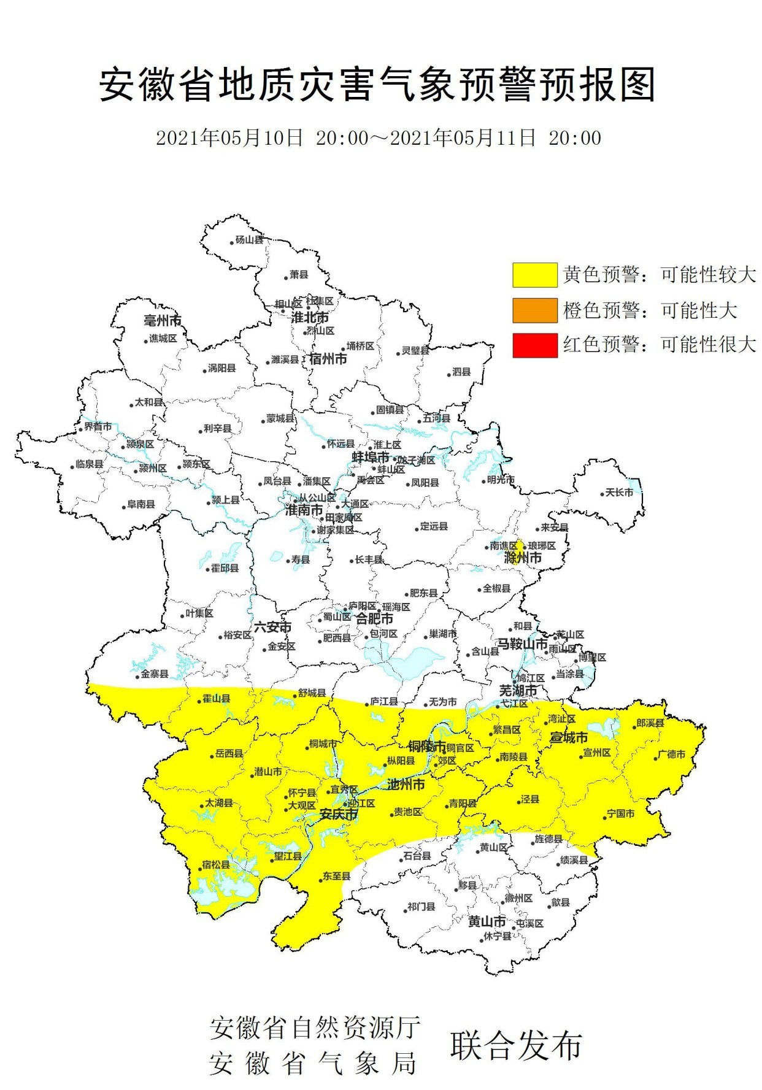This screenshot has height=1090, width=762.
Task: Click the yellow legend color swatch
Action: pos(534,275)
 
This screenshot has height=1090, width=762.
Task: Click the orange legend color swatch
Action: pos(534,310)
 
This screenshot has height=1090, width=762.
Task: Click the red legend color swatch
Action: pos(534,345)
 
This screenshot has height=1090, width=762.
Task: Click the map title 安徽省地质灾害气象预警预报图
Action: pos(377,85)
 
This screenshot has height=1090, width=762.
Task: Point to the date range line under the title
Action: pos(378,137)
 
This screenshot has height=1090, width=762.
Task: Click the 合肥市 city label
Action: pos(374,618)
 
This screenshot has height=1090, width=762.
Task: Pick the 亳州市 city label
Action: pos(163,320)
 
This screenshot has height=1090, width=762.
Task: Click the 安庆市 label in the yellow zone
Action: pos(339,815)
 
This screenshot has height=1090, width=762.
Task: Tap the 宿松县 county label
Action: pos(216,864)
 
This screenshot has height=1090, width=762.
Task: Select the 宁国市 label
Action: pos(621,813)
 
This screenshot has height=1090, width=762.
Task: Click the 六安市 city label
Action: pos(273,627)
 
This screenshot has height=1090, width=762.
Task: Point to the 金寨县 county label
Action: pos(155,674)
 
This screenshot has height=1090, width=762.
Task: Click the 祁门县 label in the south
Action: pos(421,907)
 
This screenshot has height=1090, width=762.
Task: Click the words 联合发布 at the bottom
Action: pos(516,1046)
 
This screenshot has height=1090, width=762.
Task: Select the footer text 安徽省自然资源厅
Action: pos(315,1027)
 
